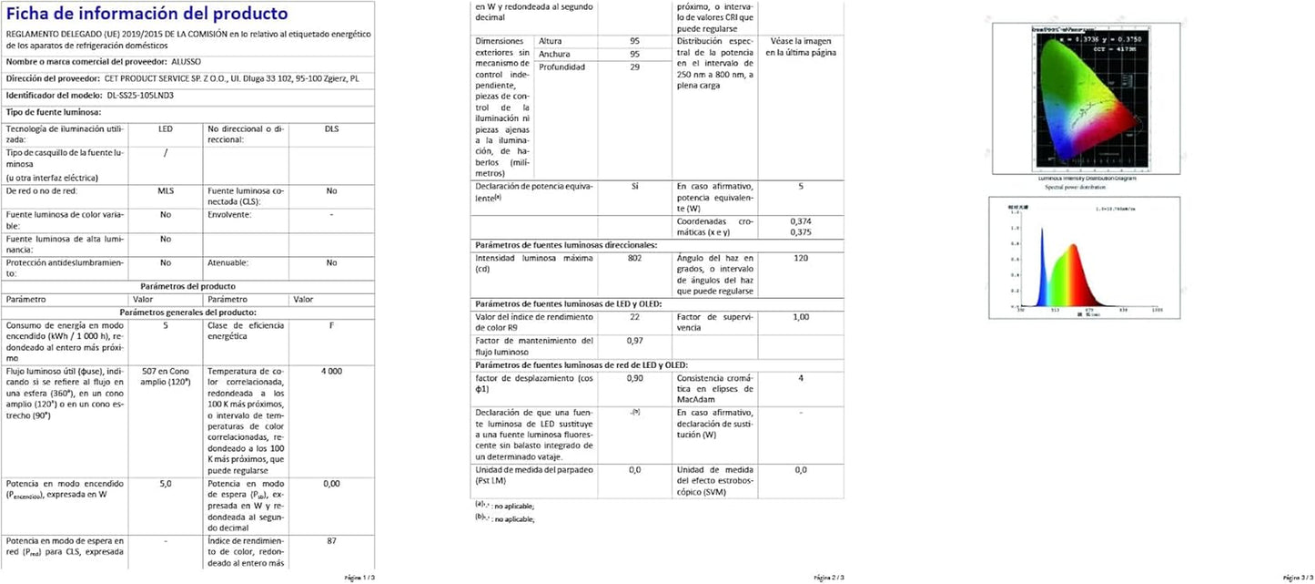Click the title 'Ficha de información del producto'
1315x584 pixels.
click(147, 14)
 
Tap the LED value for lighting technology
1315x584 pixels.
click(165, 129)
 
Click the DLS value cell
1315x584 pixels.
click(331, 129)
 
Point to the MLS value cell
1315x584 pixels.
click(165, 191)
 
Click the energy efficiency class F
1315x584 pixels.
click(331, 325)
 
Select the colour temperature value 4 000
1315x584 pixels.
click(331, 372)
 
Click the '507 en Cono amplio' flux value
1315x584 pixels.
click(165, 377)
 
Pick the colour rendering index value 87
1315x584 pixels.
click(331, 541)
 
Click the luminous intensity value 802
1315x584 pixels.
click(634, 259)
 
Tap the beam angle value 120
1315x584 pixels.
click(801, 259)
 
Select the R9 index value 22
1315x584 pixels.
click(634, 317)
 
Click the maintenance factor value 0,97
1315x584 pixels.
click(634, 341)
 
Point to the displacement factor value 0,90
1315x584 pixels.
click(634, 378)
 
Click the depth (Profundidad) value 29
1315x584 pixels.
click(634, 67)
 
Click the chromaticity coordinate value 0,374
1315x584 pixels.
click(801, 221)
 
